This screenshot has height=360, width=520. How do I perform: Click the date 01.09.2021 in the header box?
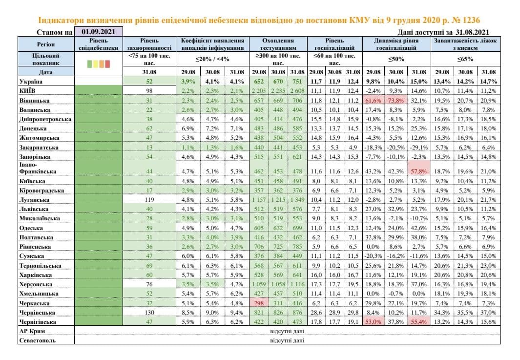tap(98, 32)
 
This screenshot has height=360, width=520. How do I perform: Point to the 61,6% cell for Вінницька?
tap(373, 100)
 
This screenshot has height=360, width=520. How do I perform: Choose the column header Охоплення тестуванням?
tap(278, 44)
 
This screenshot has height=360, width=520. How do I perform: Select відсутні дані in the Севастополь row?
tap(287, 340)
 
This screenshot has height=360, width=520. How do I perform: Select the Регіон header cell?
tap(45, 44)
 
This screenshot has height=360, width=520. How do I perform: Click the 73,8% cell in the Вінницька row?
tap(396, 100)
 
